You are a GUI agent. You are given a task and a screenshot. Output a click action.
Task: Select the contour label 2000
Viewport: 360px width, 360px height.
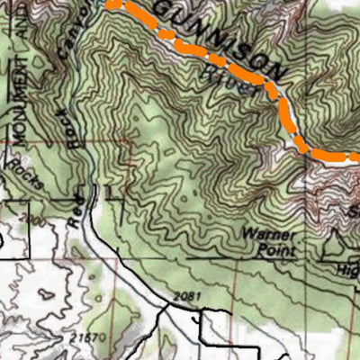(x=37, y=220)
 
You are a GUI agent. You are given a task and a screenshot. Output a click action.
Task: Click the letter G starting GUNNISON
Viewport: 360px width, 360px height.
(x=165, y=8)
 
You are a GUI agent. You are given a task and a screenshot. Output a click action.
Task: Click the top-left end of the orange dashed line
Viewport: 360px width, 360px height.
(x=110, y=3)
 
